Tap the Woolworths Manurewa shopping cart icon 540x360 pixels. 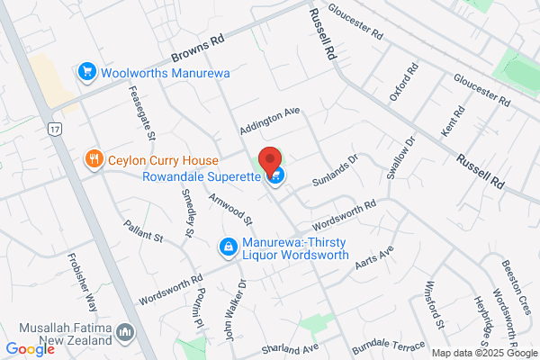(x=87, y=70)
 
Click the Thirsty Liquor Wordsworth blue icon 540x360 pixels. (x=229, y=246)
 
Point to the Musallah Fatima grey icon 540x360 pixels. (x=125, y=334)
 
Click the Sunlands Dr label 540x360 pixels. (x=335, y=168)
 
